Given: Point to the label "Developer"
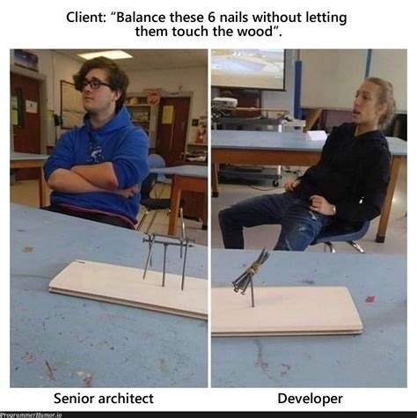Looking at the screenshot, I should tap(310, 399).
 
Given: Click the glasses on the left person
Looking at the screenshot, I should tap(96, 84).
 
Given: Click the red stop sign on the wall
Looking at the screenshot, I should tap(154, 99).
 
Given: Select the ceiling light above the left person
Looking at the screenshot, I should tap(105, 55).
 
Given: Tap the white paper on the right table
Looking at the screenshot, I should tap(316, 136).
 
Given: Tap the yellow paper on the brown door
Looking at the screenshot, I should tap(168, 115).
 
